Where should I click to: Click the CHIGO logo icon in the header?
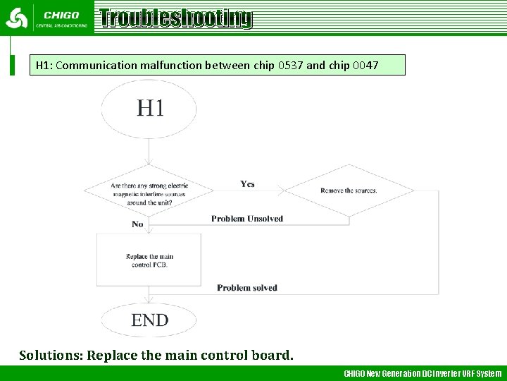(17, 18)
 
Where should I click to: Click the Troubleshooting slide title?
(175, 18)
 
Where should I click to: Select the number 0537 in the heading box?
(291, 66)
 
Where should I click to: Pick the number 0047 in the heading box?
(365, 66)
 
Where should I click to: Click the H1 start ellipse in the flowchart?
(149, 109)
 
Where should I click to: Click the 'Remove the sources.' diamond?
(349, 190)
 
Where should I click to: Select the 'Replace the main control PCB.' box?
(149, 260)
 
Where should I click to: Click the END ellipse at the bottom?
(149, 320)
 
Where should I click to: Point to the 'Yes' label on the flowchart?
(247, 184)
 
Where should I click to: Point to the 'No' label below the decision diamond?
(137, 224)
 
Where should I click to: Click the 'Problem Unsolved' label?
(246, 219)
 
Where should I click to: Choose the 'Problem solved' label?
(246, 288)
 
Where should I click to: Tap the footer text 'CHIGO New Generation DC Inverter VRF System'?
(423, 373)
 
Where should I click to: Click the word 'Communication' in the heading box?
(96, 66)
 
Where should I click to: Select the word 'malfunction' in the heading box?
(171, 66)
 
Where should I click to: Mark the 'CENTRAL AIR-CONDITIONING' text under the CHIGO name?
(62, 25)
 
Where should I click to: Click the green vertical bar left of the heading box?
(11, 56)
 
